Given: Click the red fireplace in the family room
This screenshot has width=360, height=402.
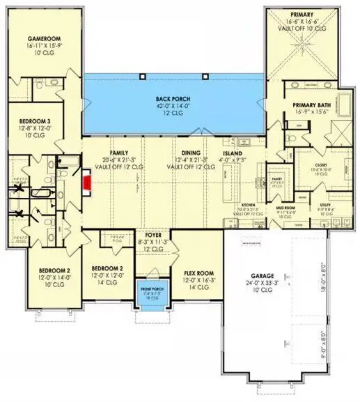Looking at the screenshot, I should (x=87, y=183).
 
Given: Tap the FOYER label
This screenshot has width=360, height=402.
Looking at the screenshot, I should (x=152, y=236).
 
